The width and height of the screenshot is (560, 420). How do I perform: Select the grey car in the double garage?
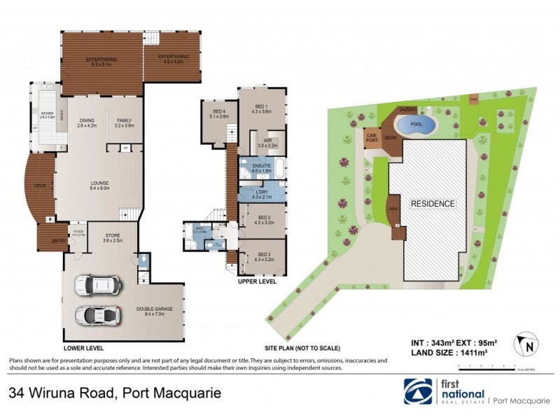point(97,315)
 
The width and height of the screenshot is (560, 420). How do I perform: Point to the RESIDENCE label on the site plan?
point(432,204)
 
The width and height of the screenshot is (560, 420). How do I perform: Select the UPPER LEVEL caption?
point(258,281)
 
